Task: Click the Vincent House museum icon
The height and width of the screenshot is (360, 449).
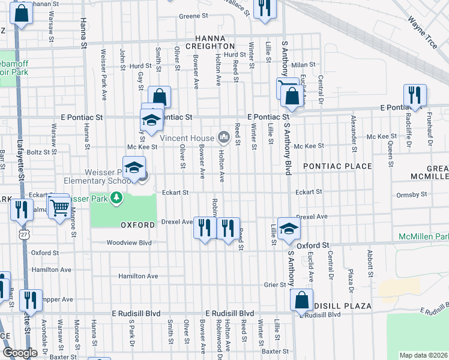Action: [x=224, y=138]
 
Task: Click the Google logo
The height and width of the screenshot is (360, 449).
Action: [x=20, y=353]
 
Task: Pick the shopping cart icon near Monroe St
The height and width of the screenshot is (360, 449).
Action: [x=60, y=208]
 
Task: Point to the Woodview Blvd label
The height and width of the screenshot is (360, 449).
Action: [x=128, y=243]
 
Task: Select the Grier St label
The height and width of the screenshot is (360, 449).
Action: [x=274, y=285]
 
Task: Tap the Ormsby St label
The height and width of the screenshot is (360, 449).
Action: [x=412, y=194]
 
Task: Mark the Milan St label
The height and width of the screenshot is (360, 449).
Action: [x=303, y=64]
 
